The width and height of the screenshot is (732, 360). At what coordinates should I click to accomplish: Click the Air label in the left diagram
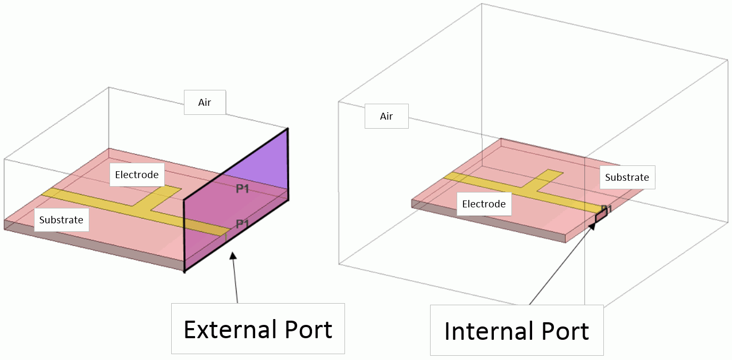(205, 102)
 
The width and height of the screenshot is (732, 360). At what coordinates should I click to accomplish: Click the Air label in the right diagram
(386, 116)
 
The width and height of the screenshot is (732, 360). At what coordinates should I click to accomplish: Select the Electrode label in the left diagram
(137, 174)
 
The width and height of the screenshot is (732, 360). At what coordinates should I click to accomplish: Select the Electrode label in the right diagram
(484, 204)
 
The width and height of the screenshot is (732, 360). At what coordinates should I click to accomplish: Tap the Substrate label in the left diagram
(62, 220)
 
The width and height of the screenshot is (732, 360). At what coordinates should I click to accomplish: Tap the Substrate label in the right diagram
(627, 177)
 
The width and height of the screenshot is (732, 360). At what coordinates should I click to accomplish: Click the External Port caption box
(258, 329)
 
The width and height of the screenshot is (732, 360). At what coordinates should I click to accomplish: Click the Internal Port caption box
(517, 330)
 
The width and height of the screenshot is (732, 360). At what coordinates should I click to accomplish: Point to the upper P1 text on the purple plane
(242, 189)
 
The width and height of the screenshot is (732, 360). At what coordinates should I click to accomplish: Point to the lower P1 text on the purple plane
(242, 224)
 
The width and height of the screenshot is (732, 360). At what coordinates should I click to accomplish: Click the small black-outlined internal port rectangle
(601, 216)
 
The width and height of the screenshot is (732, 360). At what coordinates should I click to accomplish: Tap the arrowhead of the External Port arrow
(233, 255)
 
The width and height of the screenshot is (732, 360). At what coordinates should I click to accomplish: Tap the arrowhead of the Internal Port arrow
(592, 226)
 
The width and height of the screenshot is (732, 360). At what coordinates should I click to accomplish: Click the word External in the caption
(230, 329)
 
